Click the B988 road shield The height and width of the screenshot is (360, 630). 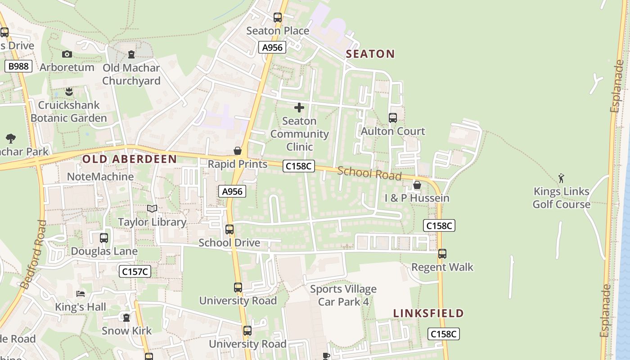18,67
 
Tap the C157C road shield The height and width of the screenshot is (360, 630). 135,271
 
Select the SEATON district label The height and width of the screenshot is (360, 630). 370,54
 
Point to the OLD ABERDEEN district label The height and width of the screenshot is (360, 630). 130,159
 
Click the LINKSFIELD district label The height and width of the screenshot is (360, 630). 428,313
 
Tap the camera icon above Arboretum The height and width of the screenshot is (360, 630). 67,54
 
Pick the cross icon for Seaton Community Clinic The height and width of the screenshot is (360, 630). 299,108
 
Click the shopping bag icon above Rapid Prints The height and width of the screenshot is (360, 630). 238,151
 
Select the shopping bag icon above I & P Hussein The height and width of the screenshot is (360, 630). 417,185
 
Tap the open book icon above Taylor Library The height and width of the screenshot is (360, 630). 152,209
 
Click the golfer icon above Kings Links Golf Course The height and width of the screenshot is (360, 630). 561,178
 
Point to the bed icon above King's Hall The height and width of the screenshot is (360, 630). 81,294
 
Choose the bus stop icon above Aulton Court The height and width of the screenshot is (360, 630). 393,118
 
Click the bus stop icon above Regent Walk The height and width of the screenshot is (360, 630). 442,254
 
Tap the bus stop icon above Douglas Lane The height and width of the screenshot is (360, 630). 104,238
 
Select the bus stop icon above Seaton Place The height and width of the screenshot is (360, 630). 278,18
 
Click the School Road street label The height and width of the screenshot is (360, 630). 369,173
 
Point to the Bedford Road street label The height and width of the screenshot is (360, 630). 33,254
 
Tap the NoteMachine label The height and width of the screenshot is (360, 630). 100,176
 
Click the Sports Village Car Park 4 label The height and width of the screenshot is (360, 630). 343,295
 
